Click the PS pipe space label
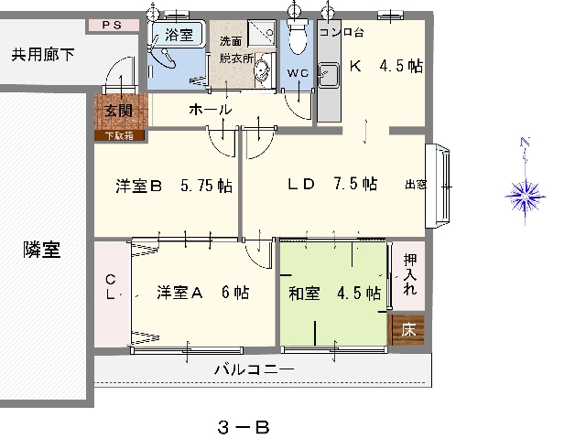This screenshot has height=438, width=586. click(112, 26)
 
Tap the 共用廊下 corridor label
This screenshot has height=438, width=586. click(43, 55)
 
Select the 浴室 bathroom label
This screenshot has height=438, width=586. click(179, 35)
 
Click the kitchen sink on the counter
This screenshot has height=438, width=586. click(329, 75)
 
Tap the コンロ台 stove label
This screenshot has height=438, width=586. click(342, 32)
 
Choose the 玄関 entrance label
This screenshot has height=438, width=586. click(118, 111)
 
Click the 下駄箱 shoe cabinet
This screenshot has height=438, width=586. click(120, 135)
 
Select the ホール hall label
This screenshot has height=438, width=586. click(211, 110)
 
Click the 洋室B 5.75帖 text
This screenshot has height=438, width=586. click(174, 186)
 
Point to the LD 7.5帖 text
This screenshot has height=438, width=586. click(332, 184)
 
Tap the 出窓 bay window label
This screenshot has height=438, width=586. click(416, 185)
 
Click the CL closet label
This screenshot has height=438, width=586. click(110, 286)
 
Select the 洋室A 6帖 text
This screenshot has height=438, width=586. click(203, 293)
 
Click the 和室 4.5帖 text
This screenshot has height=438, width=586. click(335, 294)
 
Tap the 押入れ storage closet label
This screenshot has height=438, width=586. click(410, 274)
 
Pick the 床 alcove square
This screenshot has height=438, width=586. click(407, 329)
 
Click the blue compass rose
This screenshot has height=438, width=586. click(526, 196)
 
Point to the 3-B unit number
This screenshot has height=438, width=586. click(244, 427)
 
